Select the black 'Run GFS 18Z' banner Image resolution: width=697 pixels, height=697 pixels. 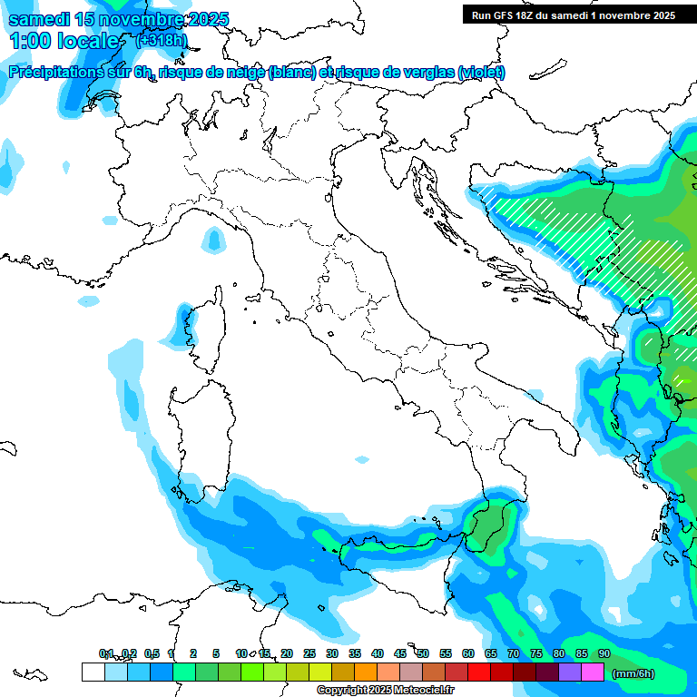click(573, 15)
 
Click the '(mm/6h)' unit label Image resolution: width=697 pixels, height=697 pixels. click(633, 673)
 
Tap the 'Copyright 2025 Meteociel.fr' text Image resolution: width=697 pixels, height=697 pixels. click(385, 691)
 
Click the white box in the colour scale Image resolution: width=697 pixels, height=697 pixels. click(93, 672)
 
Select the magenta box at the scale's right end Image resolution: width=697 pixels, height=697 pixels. click(593, 672)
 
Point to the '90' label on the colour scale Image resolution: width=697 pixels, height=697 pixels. click(604, 653)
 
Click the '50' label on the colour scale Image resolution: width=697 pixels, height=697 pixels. click(423, 653)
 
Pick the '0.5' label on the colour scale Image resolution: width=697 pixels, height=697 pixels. click(152, 653)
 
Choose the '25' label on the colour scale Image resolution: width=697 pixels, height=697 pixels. click(309, 653)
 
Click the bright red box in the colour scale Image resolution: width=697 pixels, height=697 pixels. click(479, 672)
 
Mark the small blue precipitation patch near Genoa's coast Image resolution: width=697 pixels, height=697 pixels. click(213, 240)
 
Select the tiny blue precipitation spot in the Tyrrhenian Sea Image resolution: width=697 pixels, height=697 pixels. click(362, 459)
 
